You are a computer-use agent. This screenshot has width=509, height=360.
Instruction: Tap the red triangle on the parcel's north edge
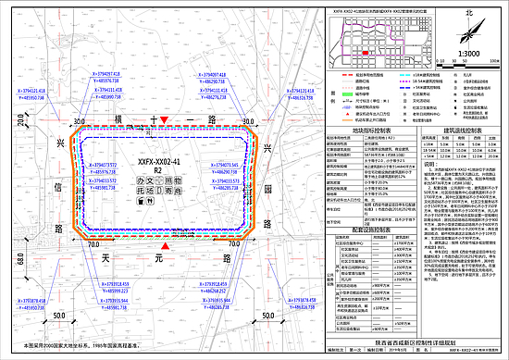pos(164,121)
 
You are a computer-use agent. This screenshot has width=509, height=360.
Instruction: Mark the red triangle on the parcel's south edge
pos(165,248)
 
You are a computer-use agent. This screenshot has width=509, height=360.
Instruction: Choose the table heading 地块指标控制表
pos(369,132)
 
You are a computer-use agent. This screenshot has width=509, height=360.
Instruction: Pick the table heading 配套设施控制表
pos(369,226)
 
